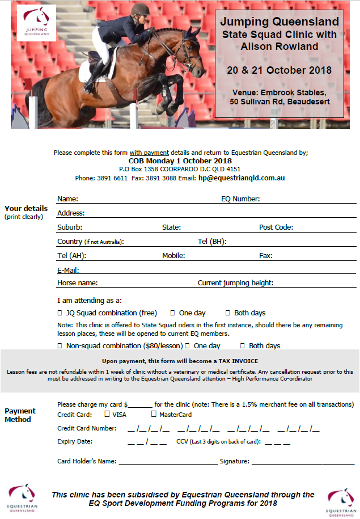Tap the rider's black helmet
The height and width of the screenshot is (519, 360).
click(138, 9)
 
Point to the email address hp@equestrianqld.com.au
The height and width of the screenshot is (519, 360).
click(242, 178)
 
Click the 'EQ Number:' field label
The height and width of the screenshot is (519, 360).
click(240, 199)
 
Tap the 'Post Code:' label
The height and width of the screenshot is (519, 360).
click(276, 227)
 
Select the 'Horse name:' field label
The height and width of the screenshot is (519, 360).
click(78, 283)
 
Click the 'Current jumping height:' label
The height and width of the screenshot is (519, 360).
click(236, 283)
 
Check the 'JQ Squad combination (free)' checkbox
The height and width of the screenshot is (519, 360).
click(60, 313)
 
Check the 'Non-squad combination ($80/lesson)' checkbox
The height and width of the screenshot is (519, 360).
click(60, 346)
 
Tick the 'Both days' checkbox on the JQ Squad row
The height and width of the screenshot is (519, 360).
click(228, 313)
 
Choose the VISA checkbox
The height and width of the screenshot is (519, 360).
click(107, 415)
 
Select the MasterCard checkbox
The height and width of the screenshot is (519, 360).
click(153, 415)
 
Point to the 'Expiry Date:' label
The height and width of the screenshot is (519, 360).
click(75, 441)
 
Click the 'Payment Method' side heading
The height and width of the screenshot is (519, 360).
click(20, 415)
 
